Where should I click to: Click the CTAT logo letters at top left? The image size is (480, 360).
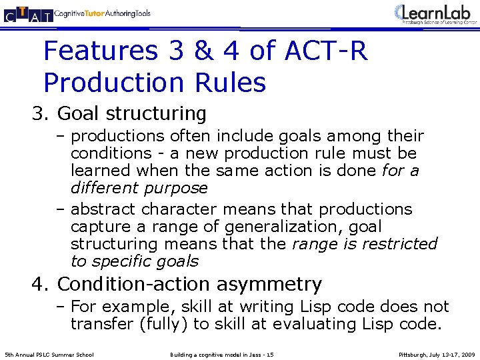click(x=27, y=13)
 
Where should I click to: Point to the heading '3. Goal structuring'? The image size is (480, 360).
click(x=119, y=113)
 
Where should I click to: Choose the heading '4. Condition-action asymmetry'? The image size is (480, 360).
click(x=177, y=284)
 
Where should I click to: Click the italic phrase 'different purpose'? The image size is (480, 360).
click(x=139, y=188)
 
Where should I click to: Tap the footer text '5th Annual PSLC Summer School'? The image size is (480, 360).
click(x=49, y=354)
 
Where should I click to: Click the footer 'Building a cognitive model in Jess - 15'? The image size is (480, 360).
click(x=222, y=354)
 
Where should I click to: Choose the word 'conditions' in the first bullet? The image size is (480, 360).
click(x=110, y=153)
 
